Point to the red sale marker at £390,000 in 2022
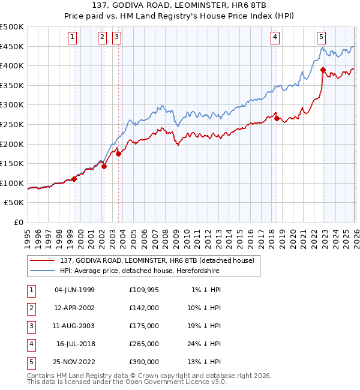click(323, 70)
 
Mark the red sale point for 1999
click(74, 179)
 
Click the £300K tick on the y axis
click(12, 105)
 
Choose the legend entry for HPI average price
click(139, 271)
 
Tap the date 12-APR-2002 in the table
click(74, 308)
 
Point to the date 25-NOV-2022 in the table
click(74, 362)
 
